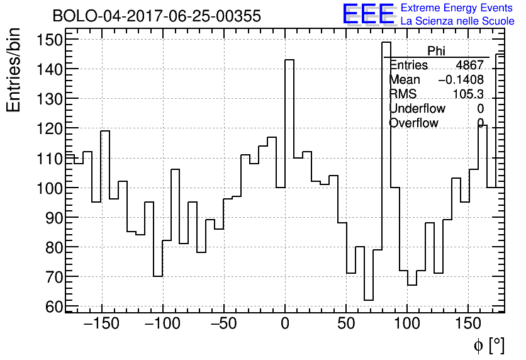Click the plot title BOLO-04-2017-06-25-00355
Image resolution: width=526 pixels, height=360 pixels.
(x=157, y=16)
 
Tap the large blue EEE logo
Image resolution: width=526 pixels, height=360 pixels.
(x=369, y=14)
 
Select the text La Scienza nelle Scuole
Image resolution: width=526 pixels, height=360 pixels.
(x=457, y=21)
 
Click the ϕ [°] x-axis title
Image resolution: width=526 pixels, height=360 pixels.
(x=488, y=345)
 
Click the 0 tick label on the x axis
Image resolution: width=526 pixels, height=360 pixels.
(x=285, y=323)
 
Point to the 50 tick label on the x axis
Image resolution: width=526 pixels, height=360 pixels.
(x=346, y=323)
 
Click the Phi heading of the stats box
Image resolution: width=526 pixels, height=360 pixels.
(x=436, y=51)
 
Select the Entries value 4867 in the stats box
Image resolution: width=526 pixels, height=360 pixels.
(x=469, y=65)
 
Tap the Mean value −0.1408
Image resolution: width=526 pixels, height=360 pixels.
(x=461, y=80)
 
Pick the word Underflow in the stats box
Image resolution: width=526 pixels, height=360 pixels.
(x=417, y=108)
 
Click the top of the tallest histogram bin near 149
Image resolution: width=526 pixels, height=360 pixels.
(x=386, y=42)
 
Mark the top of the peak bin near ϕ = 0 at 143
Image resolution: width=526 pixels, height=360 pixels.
(x=289, y=60)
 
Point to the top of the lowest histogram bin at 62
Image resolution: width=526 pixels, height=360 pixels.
(x=369, y=300)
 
